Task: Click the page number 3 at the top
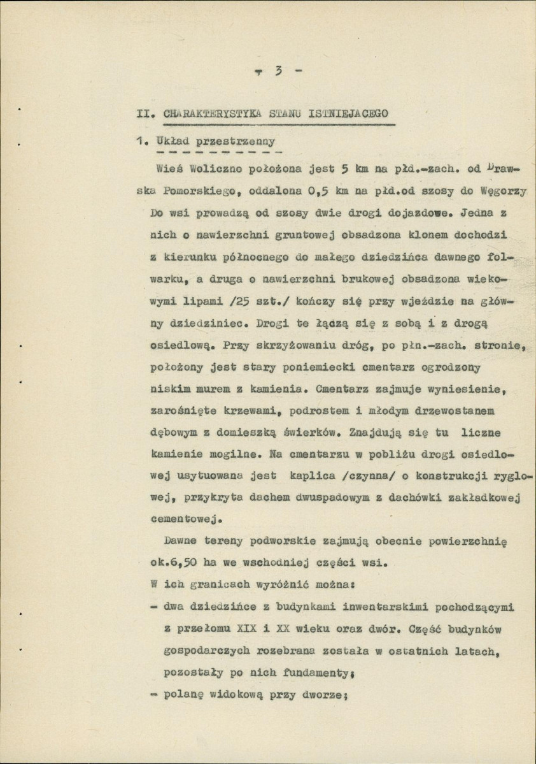[278, 71]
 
